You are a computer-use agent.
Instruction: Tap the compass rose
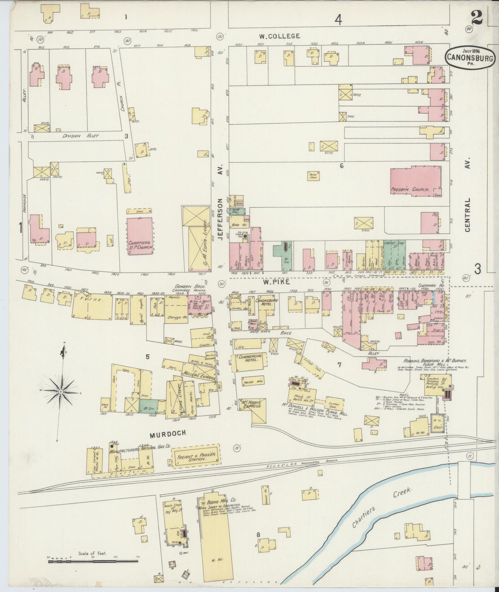coord(61,391)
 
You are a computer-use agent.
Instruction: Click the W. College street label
coord(280,36)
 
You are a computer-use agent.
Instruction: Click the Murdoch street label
coord(168,433)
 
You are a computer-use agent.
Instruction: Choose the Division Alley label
coord(81,136)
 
